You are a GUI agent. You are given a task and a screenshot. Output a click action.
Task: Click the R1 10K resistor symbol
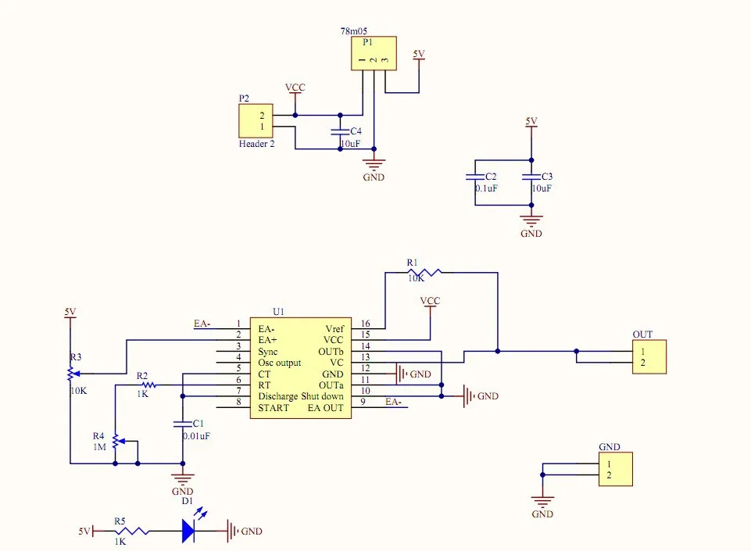(424, 272)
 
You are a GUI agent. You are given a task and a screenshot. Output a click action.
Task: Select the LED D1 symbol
(188, 531)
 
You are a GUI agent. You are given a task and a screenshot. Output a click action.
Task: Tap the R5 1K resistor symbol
(131, 531)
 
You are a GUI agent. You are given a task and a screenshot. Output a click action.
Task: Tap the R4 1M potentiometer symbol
(116, 442)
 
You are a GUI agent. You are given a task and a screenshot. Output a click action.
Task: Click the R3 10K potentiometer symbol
(71, 374)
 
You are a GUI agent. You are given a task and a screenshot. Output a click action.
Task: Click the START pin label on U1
(274, 408)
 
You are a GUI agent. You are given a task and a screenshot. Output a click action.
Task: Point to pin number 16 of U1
(365, 324)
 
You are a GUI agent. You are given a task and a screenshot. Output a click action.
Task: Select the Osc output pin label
(280, 363)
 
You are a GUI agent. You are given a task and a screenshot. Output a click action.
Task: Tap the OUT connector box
(649, 357)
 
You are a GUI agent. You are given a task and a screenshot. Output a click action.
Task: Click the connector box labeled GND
(615, 470)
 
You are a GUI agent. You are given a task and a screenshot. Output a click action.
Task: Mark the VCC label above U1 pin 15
(430, 301)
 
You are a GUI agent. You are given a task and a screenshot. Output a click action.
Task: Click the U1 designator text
(278, 311)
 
